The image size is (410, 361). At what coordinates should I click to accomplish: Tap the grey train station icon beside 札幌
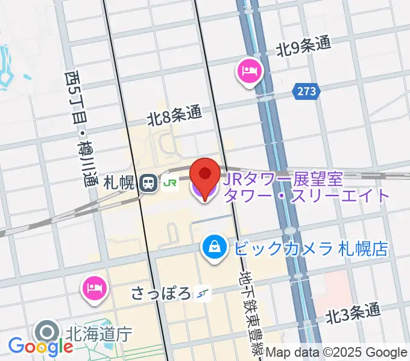(x=147, y=183)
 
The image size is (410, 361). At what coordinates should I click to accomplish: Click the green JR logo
(x=169, y=183)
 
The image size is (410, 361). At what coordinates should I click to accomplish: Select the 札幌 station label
(x=118, y=183)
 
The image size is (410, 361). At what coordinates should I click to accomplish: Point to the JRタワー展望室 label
(x=283, y=178)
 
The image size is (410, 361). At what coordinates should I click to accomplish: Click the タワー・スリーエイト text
(x=307, y=195)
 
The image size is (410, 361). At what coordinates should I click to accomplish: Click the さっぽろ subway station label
(x=161, y=294)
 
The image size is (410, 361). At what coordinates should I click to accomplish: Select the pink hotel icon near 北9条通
(x=249, y=72)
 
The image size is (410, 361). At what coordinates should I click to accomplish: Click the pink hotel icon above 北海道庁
(x=94, y=289)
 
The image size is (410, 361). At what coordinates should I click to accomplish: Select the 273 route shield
(x=306, y=91)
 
